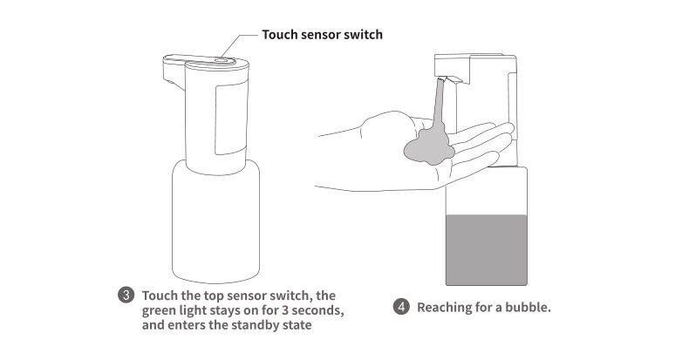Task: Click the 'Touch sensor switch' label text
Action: [323, 35]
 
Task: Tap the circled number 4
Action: [401, 307]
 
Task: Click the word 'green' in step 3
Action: [160, 309]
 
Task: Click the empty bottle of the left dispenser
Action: [214, 218]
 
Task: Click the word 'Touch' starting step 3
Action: [159, 295]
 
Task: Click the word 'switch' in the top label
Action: [363, 35]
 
